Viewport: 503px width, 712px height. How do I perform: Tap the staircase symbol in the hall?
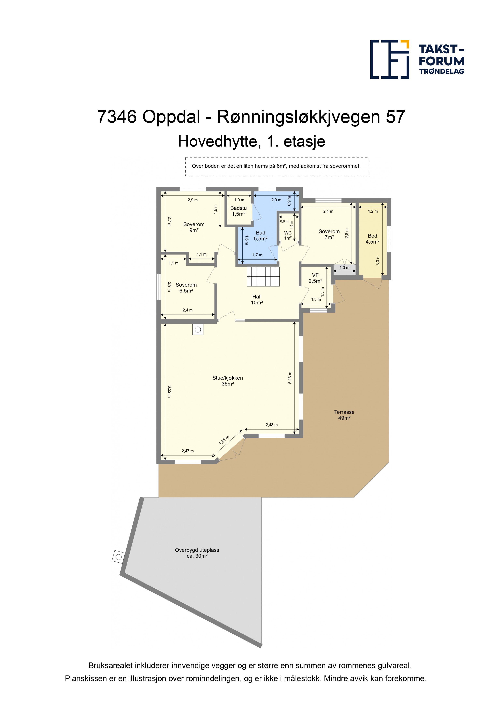263,276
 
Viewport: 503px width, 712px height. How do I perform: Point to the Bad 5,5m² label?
260,236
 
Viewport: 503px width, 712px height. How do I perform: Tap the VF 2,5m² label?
315,278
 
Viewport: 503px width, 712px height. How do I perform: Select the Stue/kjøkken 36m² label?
228,381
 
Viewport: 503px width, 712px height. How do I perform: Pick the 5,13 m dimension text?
290,378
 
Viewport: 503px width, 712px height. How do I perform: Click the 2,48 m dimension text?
272,425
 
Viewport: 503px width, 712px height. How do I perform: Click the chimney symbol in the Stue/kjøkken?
198,330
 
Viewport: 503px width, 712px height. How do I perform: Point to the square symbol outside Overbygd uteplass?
118,557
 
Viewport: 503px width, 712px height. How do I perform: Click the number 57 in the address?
396,117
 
